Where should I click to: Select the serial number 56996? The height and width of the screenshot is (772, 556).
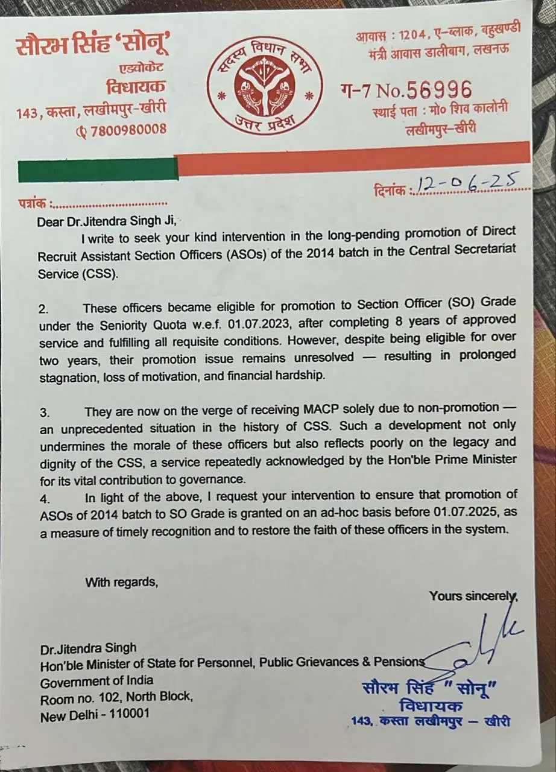click(x=439, y=90)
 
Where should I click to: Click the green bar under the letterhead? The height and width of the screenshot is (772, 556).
click(x=98, y=170)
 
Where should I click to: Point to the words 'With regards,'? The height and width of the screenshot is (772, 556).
click(x=121, y=582)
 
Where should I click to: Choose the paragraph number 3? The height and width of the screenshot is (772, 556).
click(x=44, y=413)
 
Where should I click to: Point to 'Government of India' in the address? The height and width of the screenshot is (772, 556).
click(x=96, y=682)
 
